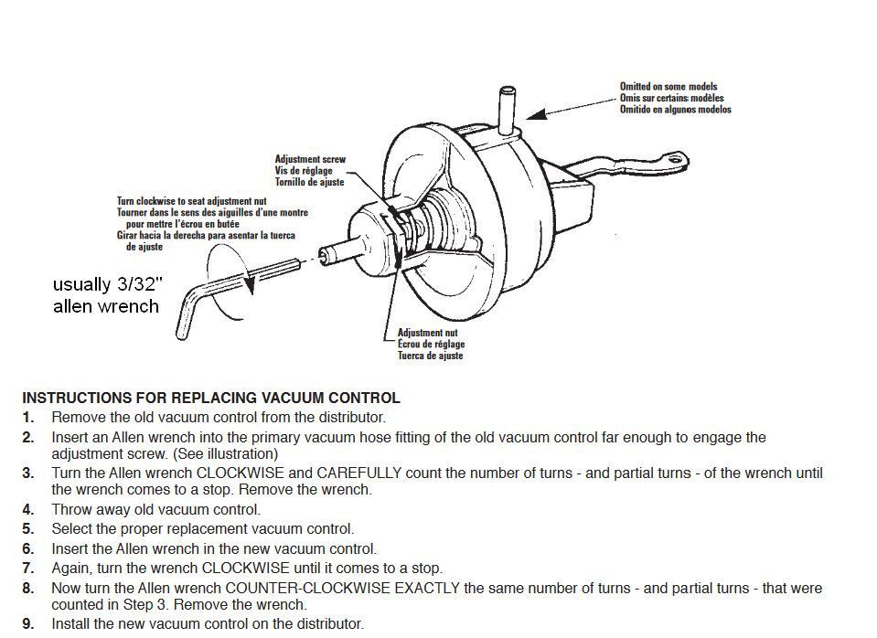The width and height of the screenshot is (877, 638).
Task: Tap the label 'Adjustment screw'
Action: pos(310,159)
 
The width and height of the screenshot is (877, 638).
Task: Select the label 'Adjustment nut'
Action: pos(427,334)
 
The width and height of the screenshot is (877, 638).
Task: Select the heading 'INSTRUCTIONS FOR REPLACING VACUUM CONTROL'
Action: pos(210,399)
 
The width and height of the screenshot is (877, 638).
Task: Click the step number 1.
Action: pos(28,418)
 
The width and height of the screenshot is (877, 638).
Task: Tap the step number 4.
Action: pos(28,510)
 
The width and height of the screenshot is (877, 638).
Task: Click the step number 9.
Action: pos(28,624)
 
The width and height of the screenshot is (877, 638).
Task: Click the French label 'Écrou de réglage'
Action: pos(431,345)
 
